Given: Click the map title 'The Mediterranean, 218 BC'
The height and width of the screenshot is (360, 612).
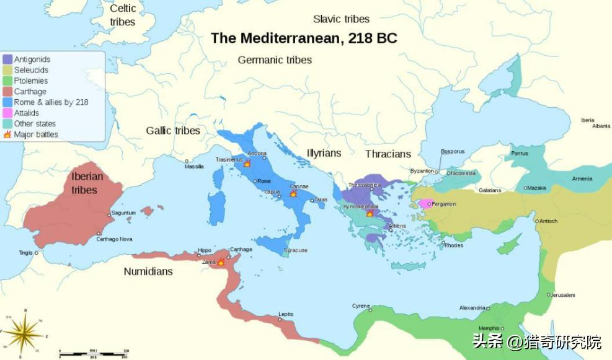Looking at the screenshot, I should pyautogui.click(x=304, y=38).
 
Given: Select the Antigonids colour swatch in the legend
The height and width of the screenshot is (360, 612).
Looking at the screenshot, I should pyautogui.click(x=7, y=59).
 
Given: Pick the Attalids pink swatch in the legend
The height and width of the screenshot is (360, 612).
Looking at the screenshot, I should pyautogui.click(x=7, y=113).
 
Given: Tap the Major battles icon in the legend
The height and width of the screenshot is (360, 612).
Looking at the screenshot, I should pyautogui.click(x=7, y=134).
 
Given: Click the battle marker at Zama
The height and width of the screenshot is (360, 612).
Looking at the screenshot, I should pyautogui.click(x=220, y=262).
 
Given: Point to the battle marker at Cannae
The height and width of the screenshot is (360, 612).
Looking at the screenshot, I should pyautogui.click(x=293, y=193).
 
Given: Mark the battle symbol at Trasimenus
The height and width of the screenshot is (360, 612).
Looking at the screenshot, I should pyautogui.click(x=247, y=164).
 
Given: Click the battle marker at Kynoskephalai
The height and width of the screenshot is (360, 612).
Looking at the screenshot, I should pyautogui.click(x=370, y=213).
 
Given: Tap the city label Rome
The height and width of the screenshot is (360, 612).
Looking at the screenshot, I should pyautogui.click(x=264, y=181).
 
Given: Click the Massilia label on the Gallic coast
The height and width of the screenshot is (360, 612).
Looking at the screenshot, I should pyautogui.click(x=194, y=167).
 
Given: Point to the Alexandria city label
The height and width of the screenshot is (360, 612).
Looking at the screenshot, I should pyautogui.click(x=472, y=308).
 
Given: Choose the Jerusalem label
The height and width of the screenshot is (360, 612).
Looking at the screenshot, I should pyautogui.click(x=563, y=295).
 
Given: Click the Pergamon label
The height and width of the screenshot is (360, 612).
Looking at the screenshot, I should pyautogui.click(x=444, y=204).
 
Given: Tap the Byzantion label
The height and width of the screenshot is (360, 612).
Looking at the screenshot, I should pyautogui.click(x=422, y=171).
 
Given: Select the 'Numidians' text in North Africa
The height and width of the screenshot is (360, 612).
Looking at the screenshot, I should pyautogui.click(x=148, y=271).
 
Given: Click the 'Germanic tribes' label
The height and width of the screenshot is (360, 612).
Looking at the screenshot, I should pyautogui.click(x=275, y=60).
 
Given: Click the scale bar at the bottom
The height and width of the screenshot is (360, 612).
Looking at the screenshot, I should pyautogui.click(x=93, y=353).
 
